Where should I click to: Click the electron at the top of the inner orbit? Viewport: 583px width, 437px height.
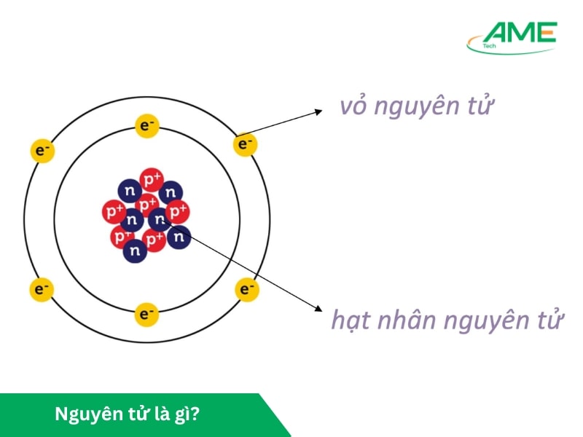pos(147,126)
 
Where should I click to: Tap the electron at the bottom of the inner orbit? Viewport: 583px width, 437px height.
pos(147,314)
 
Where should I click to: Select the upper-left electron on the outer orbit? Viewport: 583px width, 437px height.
pos(42,151)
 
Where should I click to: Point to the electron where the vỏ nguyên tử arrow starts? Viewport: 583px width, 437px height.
pos(245,144)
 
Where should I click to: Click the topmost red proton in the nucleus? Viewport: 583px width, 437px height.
pos(152,178)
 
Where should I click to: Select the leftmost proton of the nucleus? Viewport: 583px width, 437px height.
pos(114,211)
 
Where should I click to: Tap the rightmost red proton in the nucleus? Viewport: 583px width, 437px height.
pos(178,211)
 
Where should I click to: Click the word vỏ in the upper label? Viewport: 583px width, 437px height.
pos(355,107)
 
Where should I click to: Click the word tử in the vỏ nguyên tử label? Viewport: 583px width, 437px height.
pos(480,107)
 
